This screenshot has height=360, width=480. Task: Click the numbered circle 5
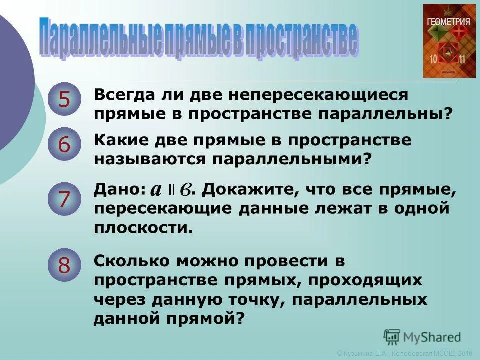(x=64, y=100)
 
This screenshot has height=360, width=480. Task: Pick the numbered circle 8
(x=64, y=265)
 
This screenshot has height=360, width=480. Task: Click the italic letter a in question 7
(x=156, y=190)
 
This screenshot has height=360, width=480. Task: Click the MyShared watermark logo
(x=422, y=337)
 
